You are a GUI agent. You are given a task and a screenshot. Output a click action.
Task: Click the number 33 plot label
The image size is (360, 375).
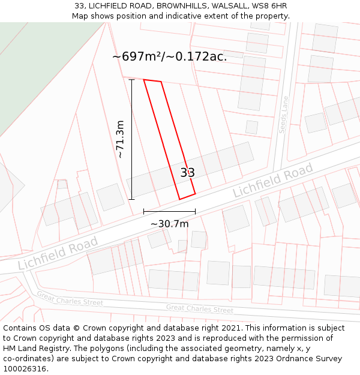(187, 173)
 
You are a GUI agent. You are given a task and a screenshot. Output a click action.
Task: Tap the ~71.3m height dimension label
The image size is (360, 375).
(120, 139)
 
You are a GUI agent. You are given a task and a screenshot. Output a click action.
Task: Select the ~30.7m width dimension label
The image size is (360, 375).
(169, 224)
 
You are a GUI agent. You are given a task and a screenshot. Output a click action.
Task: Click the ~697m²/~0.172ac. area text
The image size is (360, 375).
(169, 57)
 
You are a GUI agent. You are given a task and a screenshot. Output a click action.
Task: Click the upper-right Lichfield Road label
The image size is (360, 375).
(273, 181)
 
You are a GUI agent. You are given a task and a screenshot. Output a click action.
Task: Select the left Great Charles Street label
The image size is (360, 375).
(70, 298)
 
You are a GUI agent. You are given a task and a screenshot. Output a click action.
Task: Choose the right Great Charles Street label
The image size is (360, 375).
(200, 309)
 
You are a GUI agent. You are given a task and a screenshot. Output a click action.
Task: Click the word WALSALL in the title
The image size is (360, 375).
(227, 6)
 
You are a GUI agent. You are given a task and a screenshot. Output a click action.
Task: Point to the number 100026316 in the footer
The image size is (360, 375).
(23, 368)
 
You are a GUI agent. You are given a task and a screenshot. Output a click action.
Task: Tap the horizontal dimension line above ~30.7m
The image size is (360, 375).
(169, 211)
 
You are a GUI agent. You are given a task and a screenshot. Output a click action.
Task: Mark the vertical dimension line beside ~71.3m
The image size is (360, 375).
(131, 139)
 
